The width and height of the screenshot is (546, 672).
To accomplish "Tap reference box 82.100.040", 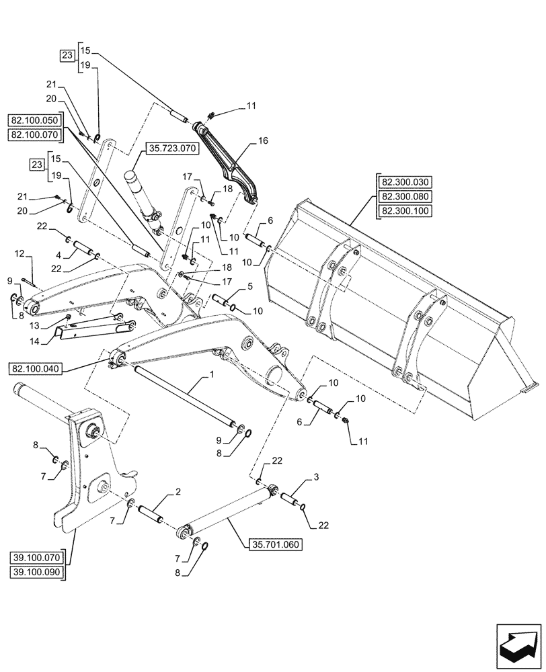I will (76, 368).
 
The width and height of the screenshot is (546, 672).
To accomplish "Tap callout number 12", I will (19, 254).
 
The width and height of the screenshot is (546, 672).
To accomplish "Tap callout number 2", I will (178, 493).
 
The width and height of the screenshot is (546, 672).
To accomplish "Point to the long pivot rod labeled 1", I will (182, 396).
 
